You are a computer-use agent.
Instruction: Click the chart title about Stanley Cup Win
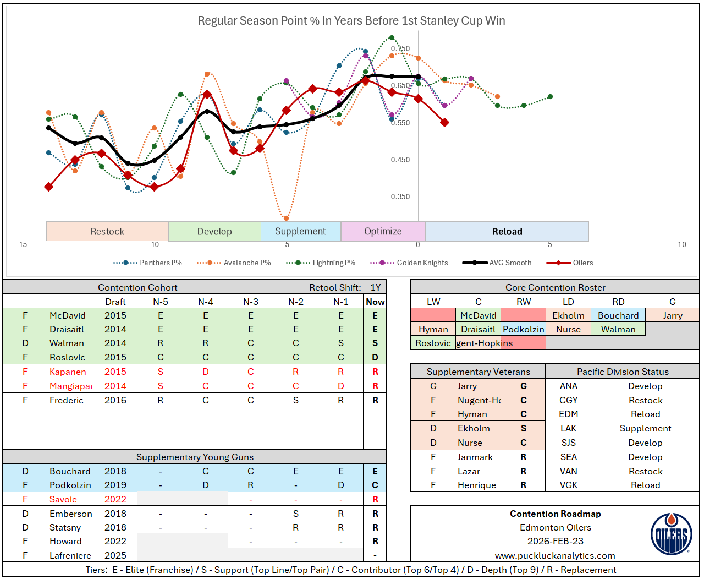pos(351,21)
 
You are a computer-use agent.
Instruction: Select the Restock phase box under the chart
pos(107,232)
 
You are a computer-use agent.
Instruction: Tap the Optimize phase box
pos(383,232)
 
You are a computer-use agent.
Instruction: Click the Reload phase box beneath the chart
pos(507,232)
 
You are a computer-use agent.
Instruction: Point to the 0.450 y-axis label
pos(400,160)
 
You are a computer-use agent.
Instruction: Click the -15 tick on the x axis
pos(22,245)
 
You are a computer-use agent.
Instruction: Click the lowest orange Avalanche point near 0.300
pos(286,219)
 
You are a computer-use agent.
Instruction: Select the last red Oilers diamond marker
pos(444,122)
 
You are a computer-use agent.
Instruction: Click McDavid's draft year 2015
pos(116,316)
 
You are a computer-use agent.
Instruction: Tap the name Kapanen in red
pos(68,372)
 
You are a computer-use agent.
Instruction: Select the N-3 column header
pos(250,302)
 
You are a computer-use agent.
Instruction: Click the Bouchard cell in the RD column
pos(618,316)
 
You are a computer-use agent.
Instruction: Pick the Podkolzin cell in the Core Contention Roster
pos(523,330)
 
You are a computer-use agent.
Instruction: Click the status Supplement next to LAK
pos(645,429)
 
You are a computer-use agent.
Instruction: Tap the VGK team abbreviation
pos(568,485)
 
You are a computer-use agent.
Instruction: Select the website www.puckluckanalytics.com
pos(555,556)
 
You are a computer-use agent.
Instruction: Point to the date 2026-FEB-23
pos(555,542)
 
